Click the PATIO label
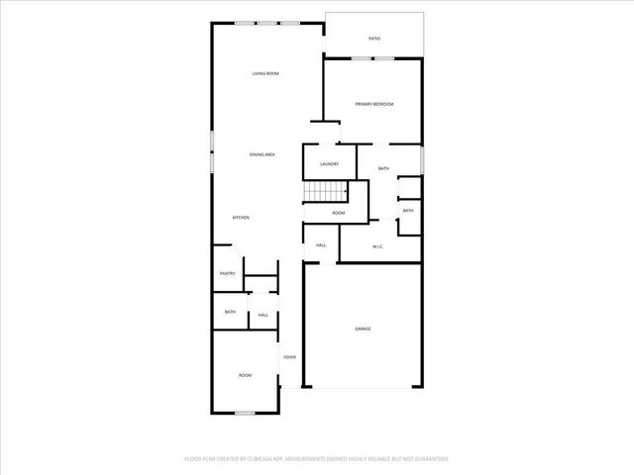coord(374,39)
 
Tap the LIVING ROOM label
coord(264,74)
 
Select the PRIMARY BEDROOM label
coord(374,104)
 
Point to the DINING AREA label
coord(263,154)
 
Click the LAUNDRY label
coord(330,164)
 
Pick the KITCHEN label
coord(241,218)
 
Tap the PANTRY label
coord(227,273)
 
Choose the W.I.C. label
coord(377,246)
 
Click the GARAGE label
coord(364,328)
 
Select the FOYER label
coord(289,357)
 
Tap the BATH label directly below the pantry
coord(230,313)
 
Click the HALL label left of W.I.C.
coord(321,245)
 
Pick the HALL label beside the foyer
coord(263,315)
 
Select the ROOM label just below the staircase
coord(339,213)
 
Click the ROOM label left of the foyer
coord(245,375)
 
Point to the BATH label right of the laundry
coord(383,170)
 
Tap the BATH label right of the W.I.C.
coord(408,210)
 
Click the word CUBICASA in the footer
coord(266,459)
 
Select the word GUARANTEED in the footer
coord(428,459)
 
